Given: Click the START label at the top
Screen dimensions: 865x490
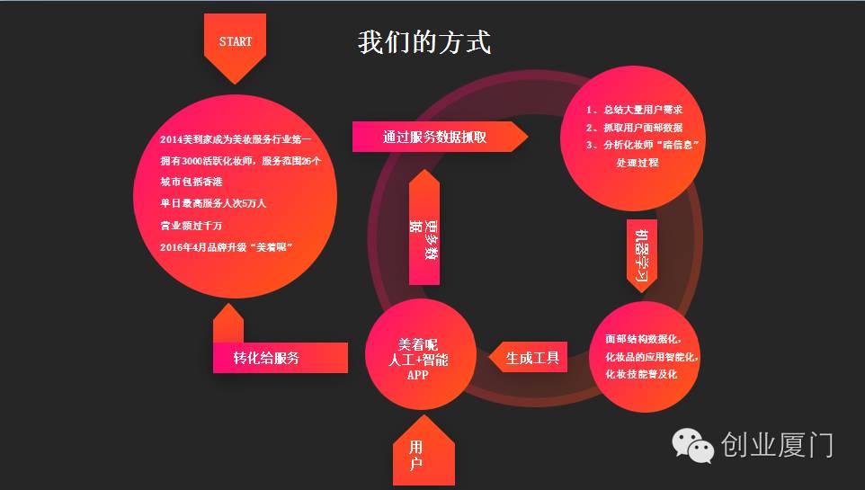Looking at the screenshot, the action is coord(236,42).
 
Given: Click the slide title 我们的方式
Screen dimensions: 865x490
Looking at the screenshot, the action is coord(424,42).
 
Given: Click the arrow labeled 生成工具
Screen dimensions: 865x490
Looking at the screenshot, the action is coord(531,358).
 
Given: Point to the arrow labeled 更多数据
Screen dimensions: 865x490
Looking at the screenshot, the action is coord(424,236).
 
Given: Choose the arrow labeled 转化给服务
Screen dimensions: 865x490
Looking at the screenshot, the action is coord(268,357).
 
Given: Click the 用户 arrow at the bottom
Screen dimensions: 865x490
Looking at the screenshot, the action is coord(416,456).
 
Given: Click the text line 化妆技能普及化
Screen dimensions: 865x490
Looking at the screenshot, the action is coord(641,374).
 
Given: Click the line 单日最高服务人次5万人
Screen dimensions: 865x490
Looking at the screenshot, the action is coord(212,203).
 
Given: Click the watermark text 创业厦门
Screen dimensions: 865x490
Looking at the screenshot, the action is coord(777,445).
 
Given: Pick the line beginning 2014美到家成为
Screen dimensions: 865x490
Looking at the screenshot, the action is coord(236,139).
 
